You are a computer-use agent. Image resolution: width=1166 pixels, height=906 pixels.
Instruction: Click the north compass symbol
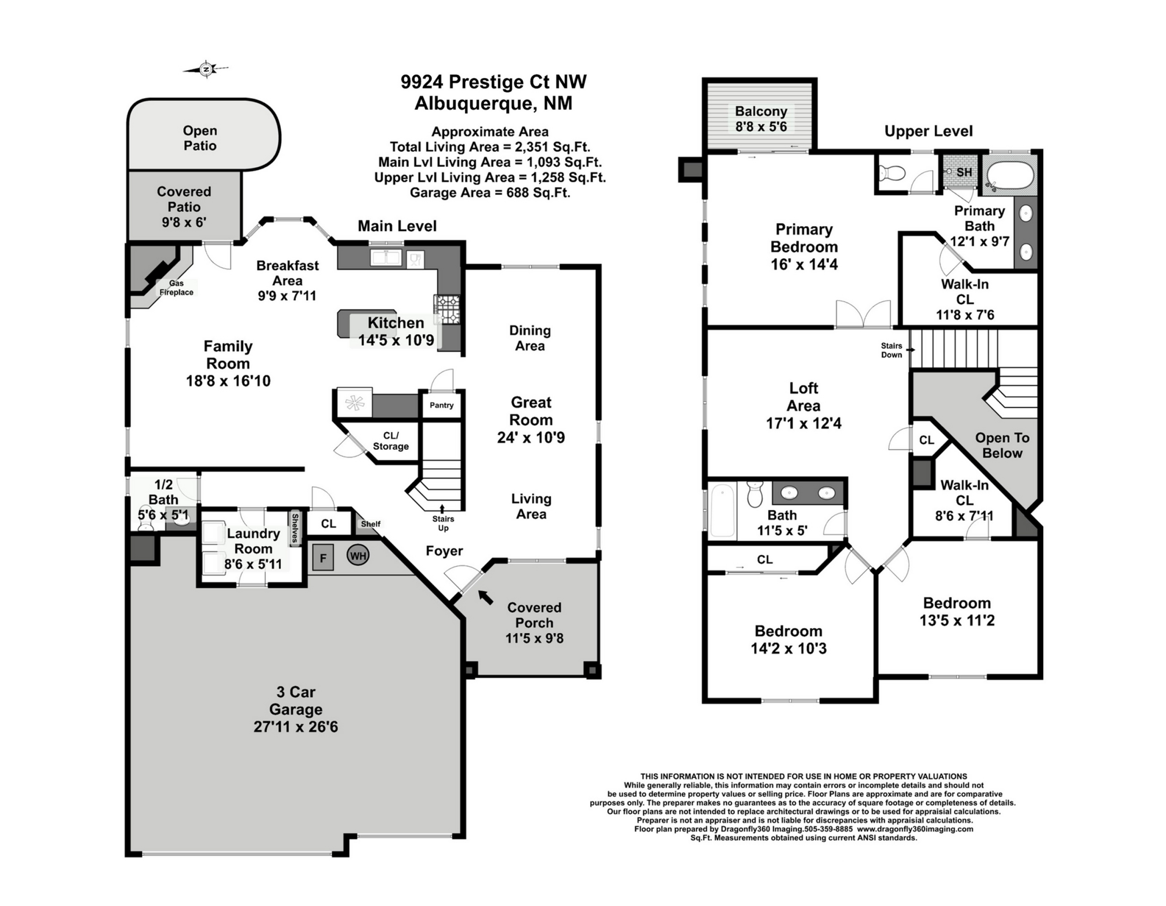(x=206, y=69)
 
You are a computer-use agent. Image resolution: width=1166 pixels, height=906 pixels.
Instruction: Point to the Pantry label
(x=442, y=405)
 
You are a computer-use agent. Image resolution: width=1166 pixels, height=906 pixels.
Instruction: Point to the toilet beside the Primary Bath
(x=892, y=173)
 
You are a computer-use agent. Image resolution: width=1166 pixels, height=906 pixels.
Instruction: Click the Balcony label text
(x=761, y=111)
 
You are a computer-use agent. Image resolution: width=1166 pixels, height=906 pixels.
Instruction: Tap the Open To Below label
(x=1002, y=445)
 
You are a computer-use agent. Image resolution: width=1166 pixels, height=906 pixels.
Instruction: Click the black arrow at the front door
(x=485, y=597)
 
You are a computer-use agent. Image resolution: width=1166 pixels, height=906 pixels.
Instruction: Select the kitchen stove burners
(x=447, y=309)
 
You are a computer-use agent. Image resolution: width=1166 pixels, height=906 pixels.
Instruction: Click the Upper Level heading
(x=929, y=131)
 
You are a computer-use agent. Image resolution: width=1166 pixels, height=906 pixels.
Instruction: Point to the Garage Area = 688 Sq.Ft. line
(x=490, y=192)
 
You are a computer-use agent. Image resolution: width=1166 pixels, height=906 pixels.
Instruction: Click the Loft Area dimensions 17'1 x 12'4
(x=803, y=423)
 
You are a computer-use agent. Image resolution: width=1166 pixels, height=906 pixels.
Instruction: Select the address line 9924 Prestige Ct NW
(x=494, y=82)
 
